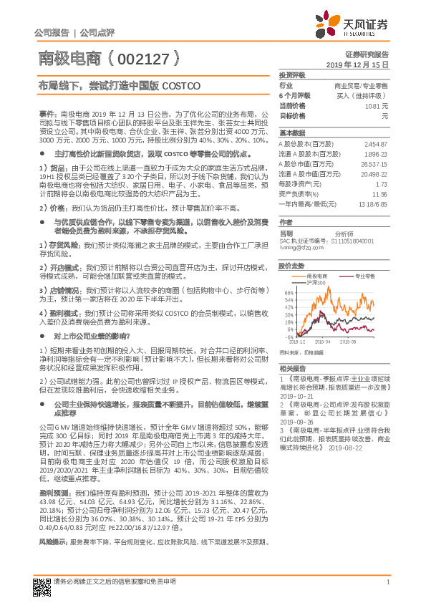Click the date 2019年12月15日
point(362,64)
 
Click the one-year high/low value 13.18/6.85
point(370,203)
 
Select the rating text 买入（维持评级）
point(361,95)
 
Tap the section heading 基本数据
point(292,132)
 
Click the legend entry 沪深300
point(316,282)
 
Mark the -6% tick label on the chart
point(289,337)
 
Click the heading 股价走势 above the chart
point(292,265)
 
